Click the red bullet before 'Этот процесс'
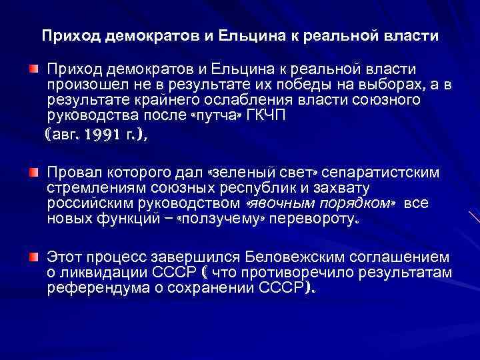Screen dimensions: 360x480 click(33, 256)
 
